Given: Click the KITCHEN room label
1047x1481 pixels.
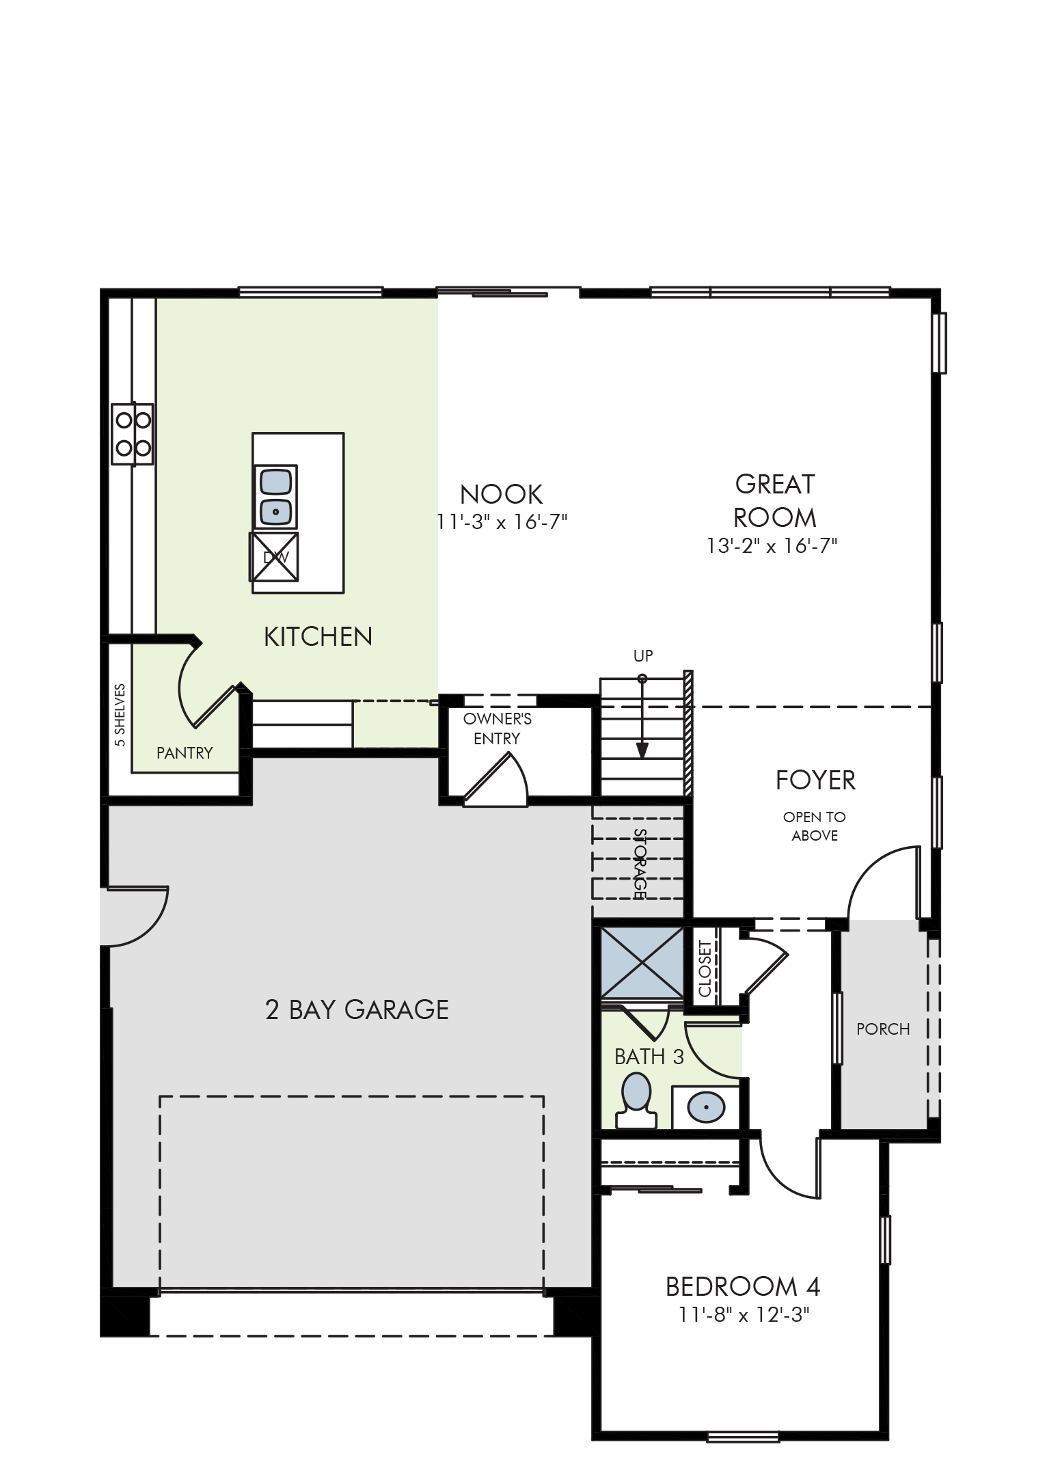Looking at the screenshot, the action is (318, 637).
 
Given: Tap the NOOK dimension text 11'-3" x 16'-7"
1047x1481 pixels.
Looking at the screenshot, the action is (502, 522).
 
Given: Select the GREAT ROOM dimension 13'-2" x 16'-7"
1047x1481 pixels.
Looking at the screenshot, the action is (772, 546).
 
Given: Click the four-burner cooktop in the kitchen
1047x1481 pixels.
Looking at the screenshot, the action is (133, 435).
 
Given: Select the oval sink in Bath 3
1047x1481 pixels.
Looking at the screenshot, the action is (706, 1105).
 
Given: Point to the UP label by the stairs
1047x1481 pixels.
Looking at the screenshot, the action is (643, 656).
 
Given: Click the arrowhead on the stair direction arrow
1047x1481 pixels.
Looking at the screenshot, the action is (642, 751).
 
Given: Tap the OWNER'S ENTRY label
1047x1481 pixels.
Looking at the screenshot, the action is (497, 729).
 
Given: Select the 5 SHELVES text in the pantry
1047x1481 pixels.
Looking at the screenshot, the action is (120, 715).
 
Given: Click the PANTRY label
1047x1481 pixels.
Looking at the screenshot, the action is (185, 752).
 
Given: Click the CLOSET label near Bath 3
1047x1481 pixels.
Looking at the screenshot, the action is (705, 969).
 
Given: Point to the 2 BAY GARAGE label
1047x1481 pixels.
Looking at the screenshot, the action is (357, 1009).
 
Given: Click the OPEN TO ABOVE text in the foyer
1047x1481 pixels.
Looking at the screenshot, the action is (815, 826).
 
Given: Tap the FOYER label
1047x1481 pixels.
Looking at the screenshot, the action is (815, 780).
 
